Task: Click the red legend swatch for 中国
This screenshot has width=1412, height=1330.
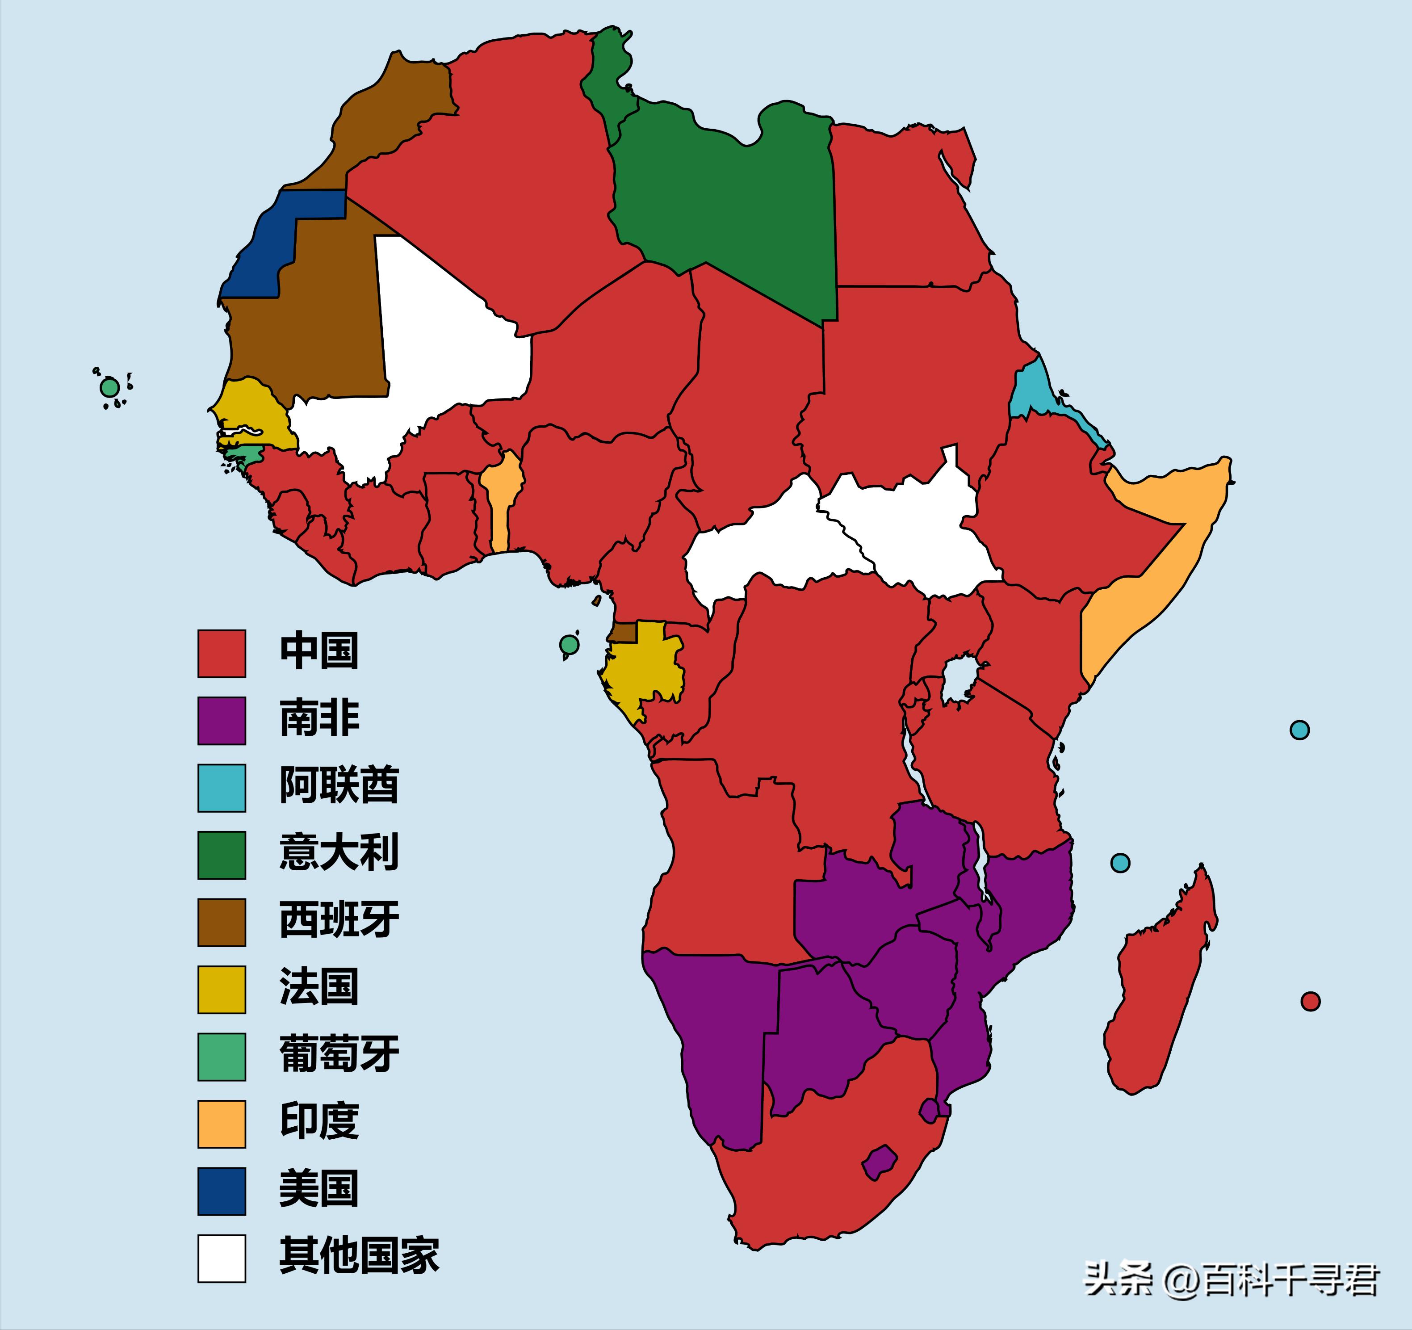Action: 222,653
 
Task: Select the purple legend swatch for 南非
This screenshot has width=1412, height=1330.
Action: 222,721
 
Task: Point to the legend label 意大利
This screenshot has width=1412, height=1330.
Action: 339,852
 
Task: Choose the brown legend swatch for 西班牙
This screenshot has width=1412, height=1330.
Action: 222,922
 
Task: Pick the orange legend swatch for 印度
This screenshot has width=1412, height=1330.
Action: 222,1124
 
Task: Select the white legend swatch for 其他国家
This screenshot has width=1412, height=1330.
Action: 222,1258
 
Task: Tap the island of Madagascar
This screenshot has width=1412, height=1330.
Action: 1158,987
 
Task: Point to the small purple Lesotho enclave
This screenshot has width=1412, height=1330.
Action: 879,1163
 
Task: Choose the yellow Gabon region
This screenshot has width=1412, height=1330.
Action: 639,668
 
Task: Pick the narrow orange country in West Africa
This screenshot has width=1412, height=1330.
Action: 502,504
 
